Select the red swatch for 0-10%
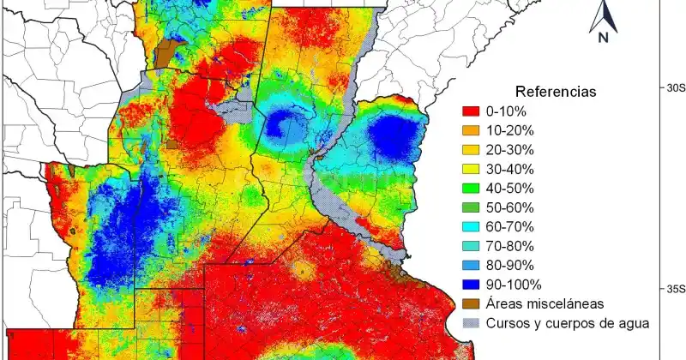[x=469, y=111]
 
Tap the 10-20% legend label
[x=510, y=130]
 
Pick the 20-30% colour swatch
[x=469, y=150]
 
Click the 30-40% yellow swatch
[x=469, y=169]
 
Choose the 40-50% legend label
[x=510, y=188]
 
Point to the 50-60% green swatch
[x=469, y=207]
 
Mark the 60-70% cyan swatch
[x=469, y=226]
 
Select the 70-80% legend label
[x=510, y=246]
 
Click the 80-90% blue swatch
[x=469, y=265]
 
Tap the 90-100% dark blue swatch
[x=469, y=285]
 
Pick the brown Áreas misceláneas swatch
[x=469, y=303]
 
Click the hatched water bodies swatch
[x=469, y=323]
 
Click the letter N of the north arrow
[x=604, y=37]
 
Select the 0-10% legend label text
[x=507, y=111]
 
